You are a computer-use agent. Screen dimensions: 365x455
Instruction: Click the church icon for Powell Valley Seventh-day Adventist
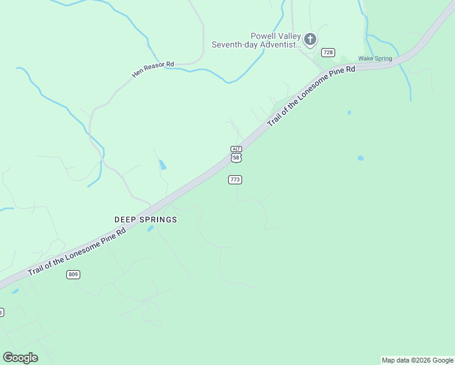click(310, 40)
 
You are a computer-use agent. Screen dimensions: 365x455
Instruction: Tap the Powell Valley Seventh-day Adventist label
click(256, 40)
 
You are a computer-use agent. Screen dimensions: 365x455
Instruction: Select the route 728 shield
click(328, 52)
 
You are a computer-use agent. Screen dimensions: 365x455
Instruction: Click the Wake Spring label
click(375, 58)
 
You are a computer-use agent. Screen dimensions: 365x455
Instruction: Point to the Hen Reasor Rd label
click(153, 69)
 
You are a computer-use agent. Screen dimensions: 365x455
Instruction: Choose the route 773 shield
click(235, 179)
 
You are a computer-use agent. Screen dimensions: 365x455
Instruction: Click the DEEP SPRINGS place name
click(145, 219)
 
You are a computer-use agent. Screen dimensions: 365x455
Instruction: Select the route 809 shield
click(73, 274)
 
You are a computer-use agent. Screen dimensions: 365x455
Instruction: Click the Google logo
click(20, 358)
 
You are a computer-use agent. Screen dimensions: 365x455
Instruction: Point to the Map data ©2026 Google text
click(417, 360)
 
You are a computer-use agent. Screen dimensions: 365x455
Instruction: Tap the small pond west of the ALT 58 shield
click(162, 164)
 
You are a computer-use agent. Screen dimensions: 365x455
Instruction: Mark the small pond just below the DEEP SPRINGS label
click(150, 229)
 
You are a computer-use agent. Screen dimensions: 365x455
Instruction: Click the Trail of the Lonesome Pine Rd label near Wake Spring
click(311, 96)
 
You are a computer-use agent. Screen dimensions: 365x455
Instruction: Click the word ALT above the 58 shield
click(237, 149)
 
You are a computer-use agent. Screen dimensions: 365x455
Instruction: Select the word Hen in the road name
click(137, 75)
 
